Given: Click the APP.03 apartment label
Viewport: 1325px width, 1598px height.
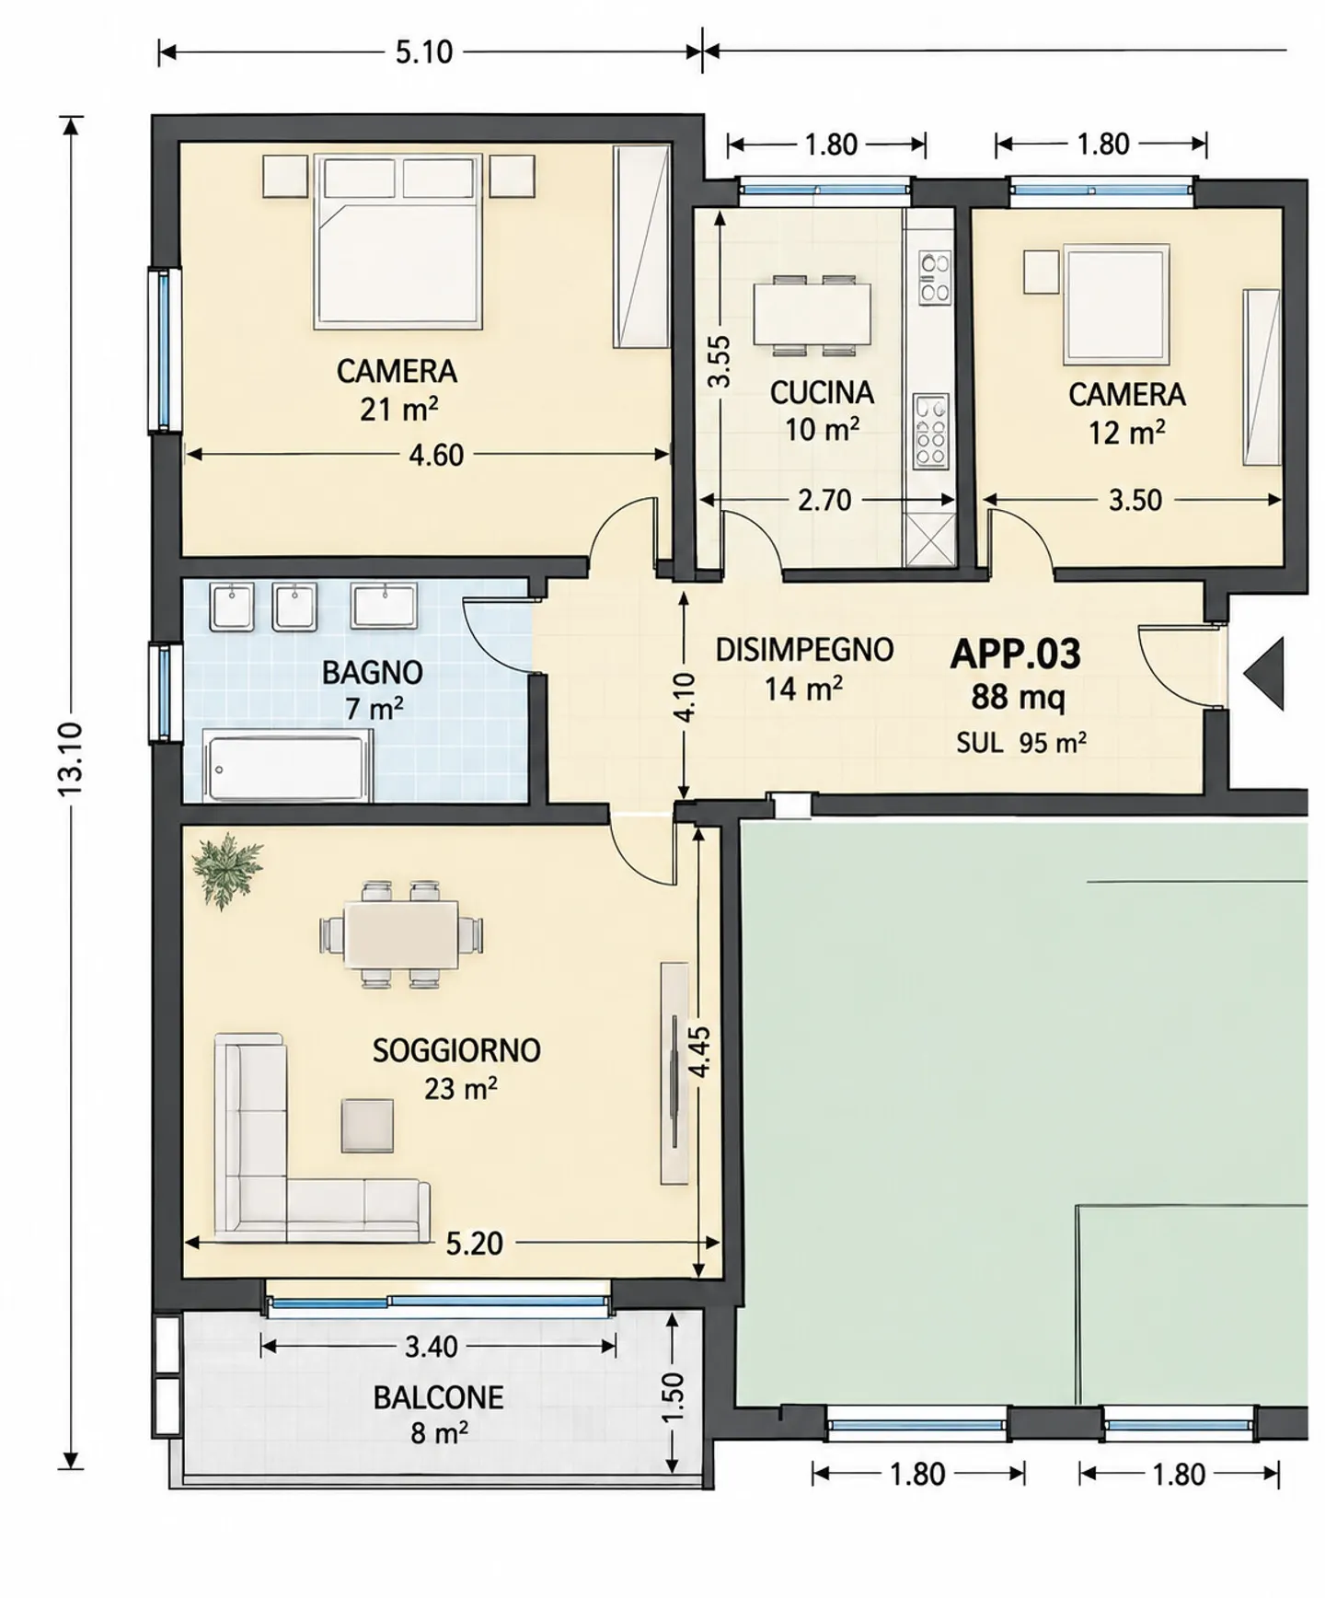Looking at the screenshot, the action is click(x=1016, y=654).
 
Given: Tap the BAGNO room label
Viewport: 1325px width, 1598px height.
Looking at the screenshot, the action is click(x=373, y=673).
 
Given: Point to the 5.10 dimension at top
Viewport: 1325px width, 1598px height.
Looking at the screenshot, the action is click(x=424, y=52).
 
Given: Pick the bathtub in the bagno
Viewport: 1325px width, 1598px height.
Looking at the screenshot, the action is click(x=287, y=766).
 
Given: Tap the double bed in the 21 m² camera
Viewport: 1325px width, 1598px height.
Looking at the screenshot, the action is click(x=397, y=241).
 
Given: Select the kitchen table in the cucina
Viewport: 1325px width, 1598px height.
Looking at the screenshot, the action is click(x=812, y=313).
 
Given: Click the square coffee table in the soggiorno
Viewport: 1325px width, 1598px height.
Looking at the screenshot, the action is click(x=367, y=1125).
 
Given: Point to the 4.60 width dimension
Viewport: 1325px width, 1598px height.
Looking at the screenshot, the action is click(x=436, y=454).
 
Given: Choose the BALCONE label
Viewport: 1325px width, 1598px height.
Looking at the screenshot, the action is click(x=439, y=1397).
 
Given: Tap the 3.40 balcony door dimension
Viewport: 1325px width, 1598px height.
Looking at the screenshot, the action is click(x=432, y=1347).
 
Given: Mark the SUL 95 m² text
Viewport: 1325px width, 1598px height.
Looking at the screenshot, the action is click(x=1021, y=742).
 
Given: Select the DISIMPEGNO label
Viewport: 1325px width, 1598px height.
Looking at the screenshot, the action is click(x=805, y=649).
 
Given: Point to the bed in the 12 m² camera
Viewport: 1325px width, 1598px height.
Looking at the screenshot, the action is click(x=1116, y=304).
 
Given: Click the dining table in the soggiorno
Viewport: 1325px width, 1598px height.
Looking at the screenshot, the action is click(x=402, y=934).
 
